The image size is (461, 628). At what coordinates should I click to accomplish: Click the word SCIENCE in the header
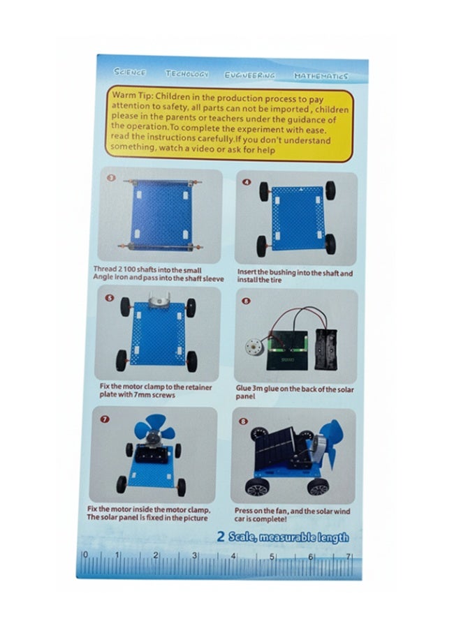(130, 73)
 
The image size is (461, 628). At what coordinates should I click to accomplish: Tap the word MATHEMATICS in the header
(320, 75)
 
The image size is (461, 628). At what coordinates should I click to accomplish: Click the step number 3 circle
(110, 178)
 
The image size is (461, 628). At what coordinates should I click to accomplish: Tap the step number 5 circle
(110, 297)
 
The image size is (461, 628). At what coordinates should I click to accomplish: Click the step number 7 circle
(105, 419)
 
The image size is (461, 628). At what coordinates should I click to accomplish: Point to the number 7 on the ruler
(348, 556)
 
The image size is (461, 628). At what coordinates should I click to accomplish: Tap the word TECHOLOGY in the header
(186, 73)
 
